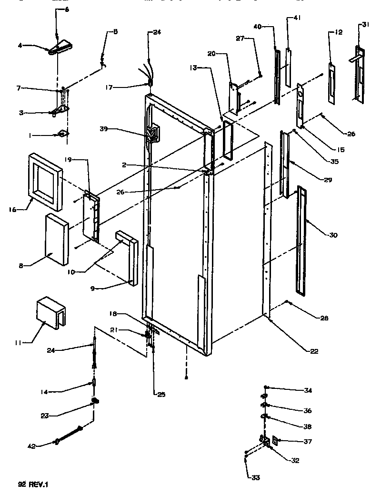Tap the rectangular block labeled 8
tap(56, 240)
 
